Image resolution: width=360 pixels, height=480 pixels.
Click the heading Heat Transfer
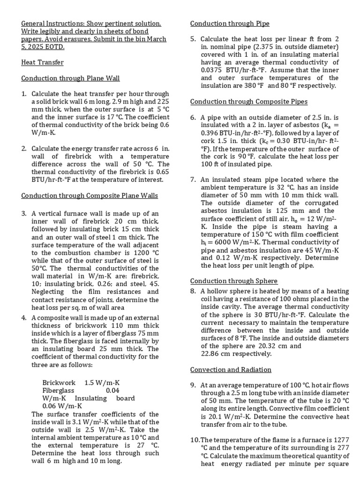point(42,62)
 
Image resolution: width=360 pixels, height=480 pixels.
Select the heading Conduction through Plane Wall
point(70,78)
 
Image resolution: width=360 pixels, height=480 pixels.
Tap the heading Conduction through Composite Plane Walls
point(90,195)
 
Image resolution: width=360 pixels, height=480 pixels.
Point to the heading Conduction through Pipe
point(230,23)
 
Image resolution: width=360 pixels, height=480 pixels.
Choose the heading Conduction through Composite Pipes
point(249,102)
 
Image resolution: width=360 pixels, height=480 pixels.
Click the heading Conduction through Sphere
point(233,281)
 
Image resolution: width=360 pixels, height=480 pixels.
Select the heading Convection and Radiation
point(231,370)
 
